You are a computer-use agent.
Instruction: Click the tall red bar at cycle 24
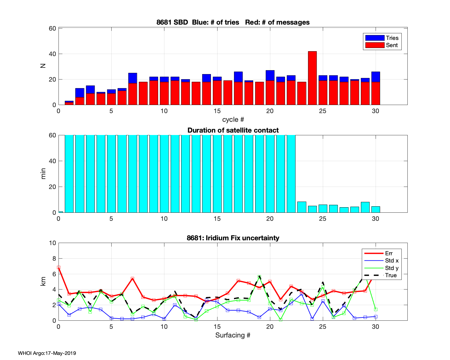312,78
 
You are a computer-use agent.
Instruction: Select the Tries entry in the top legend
382,38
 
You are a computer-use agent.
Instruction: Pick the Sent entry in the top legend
382,45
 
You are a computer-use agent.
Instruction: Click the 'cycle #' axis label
233,119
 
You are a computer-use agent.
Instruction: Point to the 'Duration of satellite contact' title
233,130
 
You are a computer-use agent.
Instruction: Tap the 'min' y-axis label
43,174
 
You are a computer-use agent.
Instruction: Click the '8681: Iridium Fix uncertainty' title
233,238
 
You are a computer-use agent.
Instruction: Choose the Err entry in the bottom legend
381,253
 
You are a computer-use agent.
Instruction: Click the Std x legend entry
381,261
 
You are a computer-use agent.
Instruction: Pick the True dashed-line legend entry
381,275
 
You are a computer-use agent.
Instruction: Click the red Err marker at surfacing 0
59,267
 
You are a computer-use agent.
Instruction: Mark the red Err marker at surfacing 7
132,279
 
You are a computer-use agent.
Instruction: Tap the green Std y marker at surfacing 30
376,309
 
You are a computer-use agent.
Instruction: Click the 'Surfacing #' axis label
233,335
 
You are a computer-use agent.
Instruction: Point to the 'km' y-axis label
43,281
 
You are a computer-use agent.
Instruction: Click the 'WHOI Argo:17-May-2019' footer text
47,353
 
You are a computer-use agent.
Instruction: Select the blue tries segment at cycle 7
133,78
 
